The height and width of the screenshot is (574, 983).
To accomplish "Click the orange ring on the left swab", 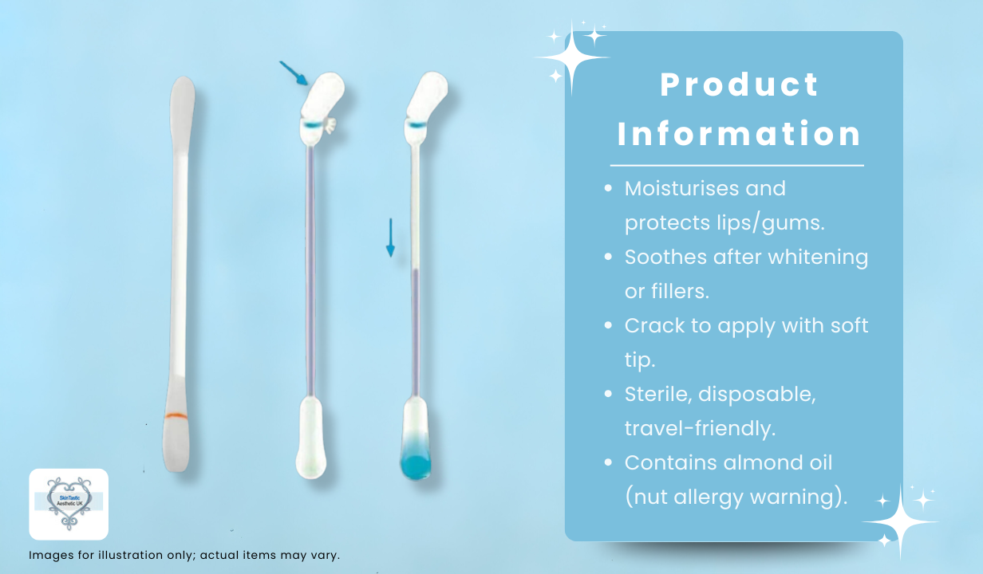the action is click(x=176, y=415).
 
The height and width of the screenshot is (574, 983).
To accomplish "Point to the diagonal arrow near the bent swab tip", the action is click(x=294, y=73).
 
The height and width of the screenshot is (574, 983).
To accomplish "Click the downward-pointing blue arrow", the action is click(x=390, y=238).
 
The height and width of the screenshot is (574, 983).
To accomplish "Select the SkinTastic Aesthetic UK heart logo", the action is click(x=69, y=504).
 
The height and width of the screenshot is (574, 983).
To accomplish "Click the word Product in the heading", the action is click(x=740, y=85).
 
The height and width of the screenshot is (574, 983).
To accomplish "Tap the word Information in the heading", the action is click(x=740, y=134).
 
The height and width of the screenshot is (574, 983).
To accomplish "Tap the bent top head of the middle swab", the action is click(x=322, y=95).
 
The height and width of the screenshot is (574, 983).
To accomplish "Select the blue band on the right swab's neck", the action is click(x=416, y=125).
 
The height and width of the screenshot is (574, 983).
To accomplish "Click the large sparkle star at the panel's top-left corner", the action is click(x=571, y=57).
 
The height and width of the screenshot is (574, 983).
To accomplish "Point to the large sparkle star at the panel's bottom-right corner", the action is click(x=901, y=522).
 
